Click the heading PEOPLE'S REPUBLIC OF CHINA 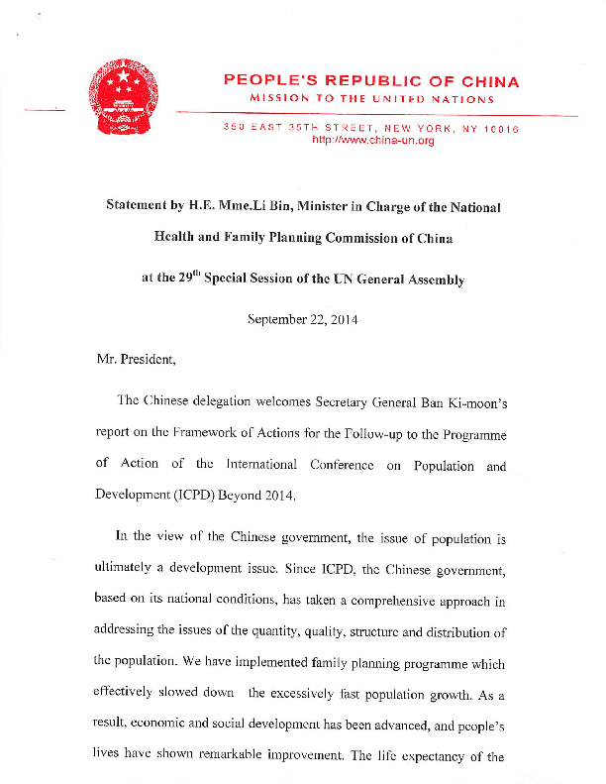click(371, 81)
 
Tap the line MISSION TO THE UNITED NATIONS click(371, 99)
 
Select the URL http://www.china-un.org click(372, 142)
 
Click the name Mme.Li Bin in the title click(260, 207)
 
